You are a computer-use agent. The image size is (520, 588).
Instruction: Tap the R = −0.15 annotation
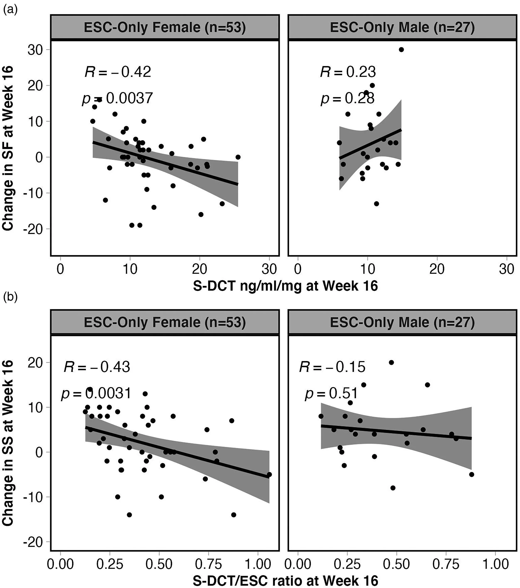(332, 367)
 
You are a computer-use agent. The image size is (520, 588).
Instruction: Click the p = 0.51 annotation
(331, 394)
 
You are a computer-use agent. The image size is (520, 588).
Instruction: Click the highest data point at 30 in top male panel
(401, 50)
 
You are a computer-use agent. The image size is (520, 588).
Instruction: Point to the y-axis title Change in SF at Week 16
(8, 148)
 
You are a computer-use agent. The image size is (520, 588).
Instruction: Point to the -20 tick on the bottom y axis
(33, 542)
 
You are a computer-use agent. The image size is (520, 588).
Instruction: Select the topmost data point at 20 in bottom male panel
(391, 363)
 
